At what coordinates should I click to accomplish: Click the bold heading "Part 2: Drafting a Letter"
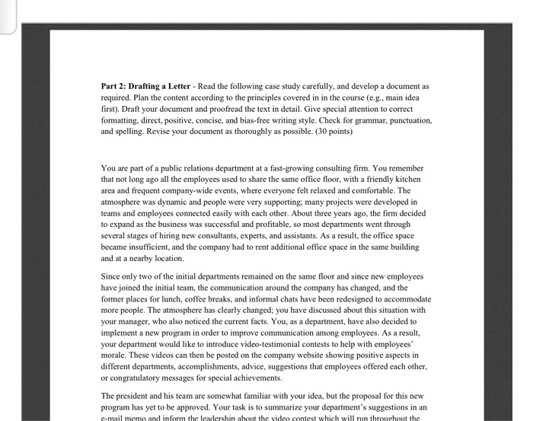point(145,87)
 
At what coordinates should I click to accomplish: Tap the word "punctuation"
point(408,120)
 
